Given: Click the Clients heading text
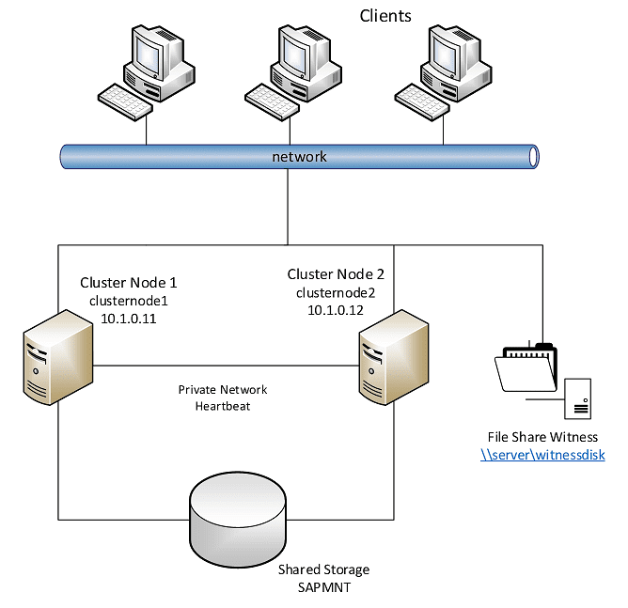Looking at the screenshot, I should point(385,16).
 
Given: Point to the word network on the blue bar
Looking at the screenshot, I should point(299,156).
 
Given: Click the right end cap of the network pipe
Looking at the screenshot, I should point(533,156).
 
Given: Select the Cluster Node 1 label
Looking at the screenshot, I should point(128,282).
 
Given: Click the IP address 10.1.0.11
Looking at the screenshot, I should point(128,319).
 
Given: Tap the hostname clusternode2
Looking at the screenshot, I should point(336,292).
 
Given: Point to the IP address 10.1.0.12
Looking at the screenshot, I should point(336,310).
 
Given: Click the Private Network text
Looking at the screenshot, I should point(223,389).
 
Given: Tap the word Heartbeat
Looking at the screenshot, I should point(223,406).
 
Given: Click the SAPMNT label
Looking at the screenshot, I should point(323,587).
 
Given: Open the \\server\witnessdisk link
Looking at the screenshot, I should point(542,455).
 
